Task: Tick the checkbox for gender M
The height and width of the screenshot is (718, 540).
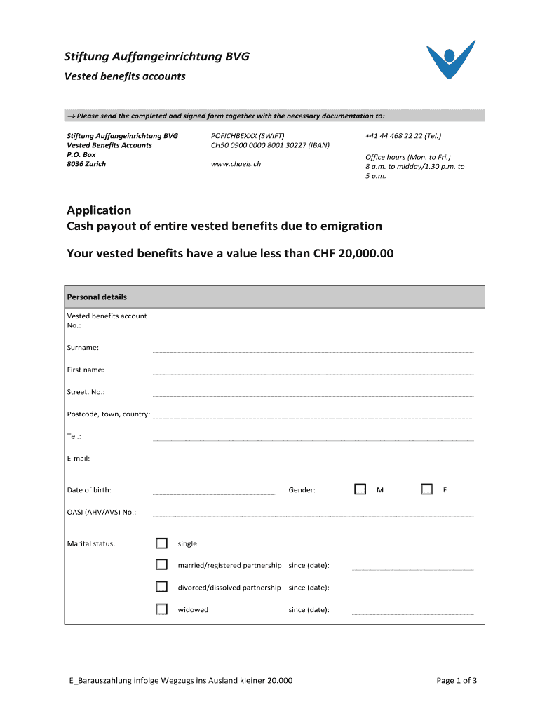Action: point(360,489)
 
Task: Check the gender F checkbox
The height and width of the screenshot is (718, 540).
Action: point(426,489)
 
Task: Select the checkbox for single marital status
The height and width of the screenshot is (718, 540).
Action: point(162,543)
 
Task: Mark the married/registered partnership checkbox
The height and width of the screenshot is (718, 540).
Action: point(162,565)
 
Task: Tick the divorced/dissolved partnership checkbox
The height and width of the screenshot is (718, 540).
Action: point(162,587)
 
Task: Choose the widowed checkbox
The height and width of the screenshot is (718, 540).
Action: point(162,609)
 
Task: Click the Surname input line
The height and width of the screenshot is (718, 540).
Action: point(313,349)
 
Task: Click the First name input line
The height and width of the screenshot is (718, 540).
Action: point(313,372)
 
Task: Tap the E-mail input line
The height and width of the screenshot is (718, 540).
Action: point(313,461)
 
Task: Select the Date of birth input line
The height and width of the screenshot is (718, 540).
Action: point(213,492)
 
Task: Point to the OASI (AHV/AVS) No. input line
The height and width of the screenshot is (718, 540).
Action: point(313,514)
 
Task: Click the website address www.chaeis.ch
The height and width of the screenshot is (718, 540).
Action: point(236,164)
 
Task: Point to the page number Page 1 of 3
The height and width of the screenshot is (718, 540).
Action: point(457,680)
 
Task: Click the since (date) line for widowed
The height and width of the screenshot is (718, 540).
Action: point(412,612)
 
